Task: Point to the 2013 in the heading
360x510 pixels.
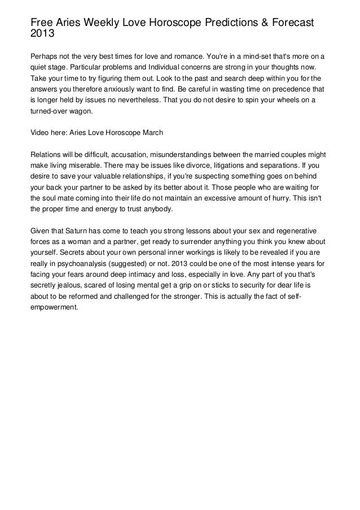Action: pyautogui.click(x=43, y=33)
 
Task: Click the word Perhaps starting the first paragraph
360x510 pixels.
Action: pyautogui.click(x=44, y=58)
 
